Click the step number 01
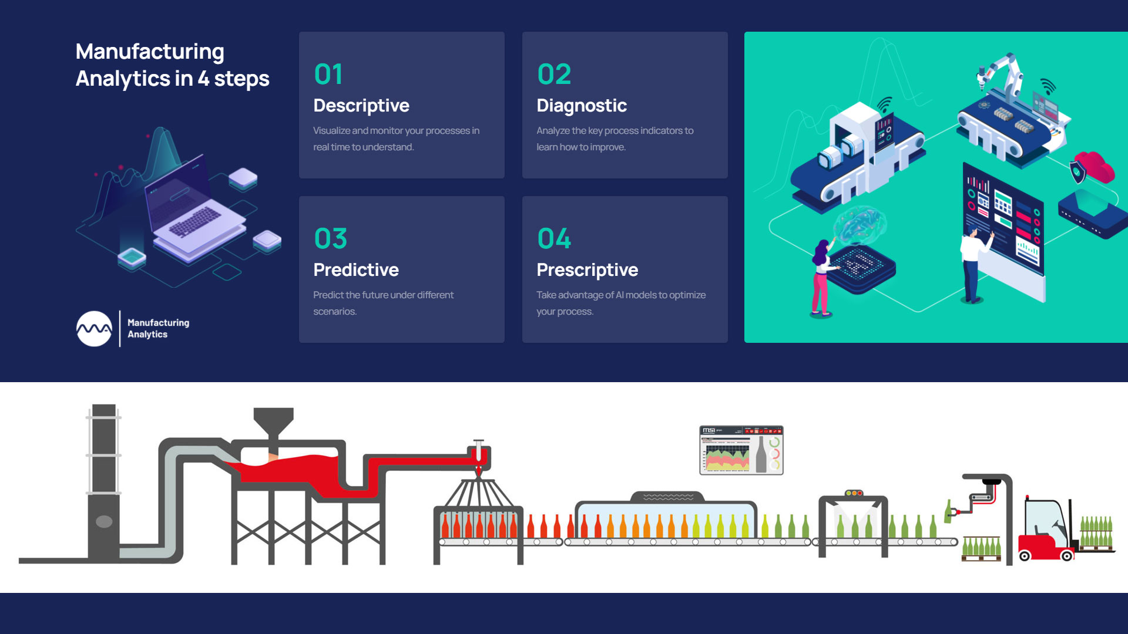328,74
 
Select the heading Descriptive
361,106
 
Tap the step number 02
554,74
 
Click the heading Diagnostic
581,106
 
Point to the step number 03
330,238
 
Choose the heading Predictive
355,270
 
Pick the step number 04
554,238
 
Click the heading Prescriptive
587,270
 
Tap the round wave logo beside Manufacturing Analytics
94,329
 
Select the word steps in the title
241,79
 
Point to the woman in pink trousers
821,279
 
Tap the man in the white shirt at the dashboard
972,264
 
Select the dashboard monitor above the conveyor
741,450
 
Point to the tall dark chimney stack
104,481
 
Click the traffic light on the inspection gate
854,493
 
